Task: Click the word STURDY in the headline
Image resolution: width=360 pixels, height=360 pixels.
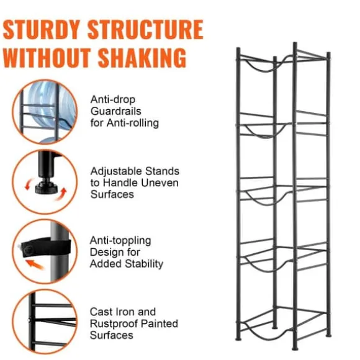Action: click(42, 29)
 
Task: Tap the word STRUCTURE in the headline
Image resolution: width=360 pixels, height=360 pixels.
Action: click(146, 29)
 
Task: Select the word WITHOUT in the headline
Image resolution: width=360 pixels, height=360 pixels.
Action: click(47, 57)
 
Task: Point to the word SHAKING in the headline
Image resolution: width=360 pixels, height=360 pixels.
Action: click(142, 57)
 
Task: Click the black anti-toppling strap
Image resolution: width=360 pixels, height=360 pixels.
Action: click(46, 248)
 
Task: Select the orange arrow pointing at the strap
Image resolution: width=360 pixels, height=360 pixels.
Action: click(34, 264)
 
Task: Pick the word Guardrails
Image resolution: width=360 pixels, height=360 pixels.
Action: click(115, 111)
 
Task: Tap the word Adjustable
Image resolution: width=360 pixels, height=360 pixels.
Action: click(115, 171)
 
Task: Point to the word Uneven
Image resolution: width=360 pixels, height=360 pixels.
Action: click(160, 183)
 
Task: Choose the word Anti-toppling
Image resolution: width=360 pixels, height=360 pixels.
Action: click(120, 241)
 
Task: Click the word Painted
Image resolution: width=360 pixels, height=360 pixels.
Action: click(160, 323)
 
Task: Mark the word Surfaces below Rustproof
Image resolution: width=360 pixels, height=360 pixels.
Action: click(112, 335)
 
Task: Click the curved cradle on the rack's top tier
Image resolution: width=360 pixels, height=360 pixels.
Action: click(262, 69)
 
